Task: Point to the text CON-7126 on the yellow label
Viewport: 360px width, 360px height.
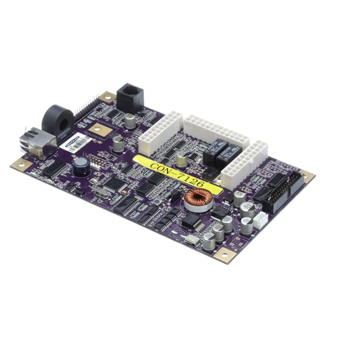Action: [x=177, y=172]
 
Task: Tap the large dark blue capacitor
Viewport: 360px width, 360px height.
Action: [x=81, y=165]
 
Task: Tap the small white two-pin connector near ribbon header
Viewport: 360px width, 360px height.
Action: [x=260, y=218]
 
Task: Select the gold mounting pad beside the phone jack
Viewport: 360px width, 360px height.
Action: [x=107, y=97]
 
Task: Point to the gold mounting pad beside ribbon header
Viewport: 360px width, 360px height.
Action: [x=307, y=176]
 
